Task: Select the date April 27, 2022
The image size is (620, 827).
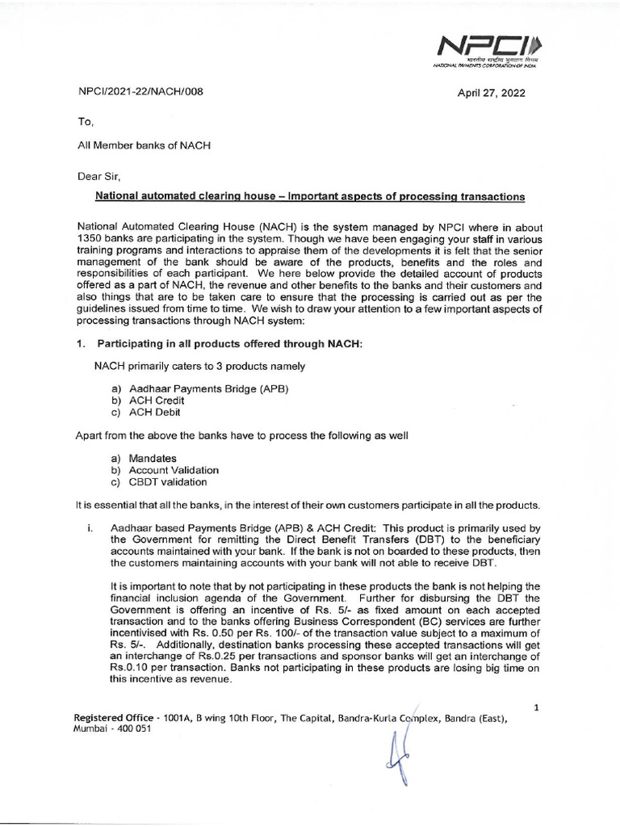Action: coord(491,93)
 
